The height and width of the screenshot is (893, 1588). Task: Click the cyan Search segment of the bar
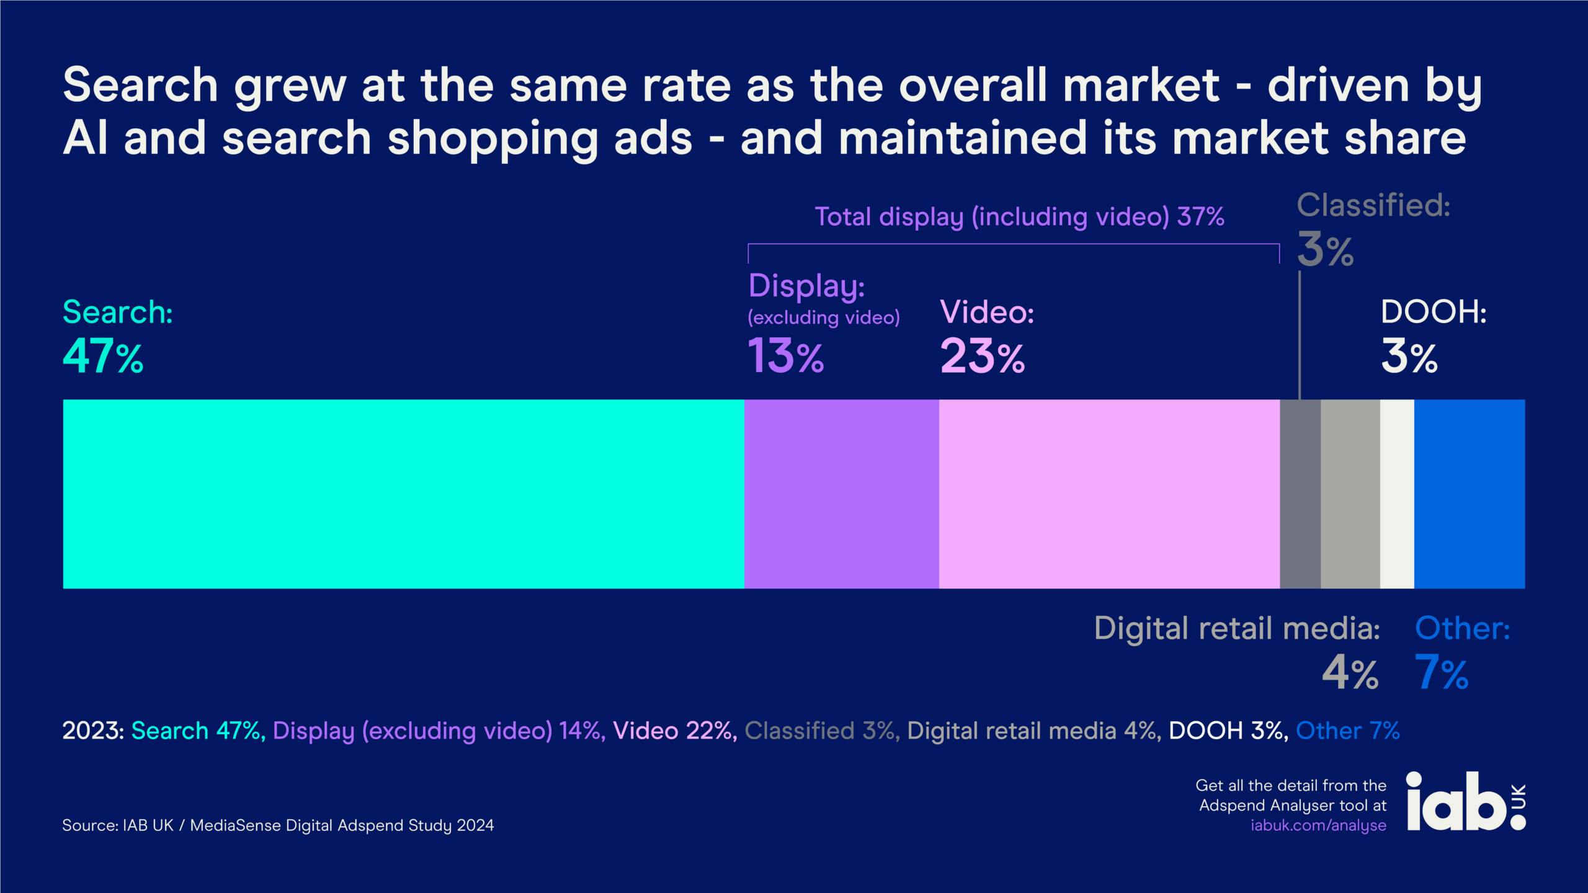pyautogui.click(x=403, y=494)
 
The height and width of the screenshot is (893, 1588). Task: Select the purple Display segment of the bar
pyautogui.click(x=841, y=494)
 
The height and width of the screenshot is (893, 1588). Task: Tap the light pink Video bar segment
pyautogui.click(x=1109, y=494)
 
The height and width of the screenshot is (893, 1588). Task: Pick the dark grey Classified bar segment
pyautogui.click(x=1300, y=494)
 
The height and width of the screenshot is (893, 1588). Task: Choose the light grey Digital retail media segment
pyautogui.click(x=1350, y=494)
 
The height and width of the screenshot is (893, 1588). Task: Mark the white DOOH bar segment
pyautogui.click(x=1397, y=494)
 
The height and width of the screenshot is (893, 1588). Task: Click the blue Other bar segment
pyautogui.click(x=1469, y=494)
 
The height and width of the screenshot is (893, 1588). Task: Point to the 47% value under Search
pyautogui.click(x=103, y=357)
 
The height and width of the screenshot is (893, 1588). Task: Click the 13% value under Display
pyautogui.click(x=786, y=356)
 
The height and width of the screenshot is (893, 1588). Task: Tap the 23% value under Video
pyautogui.click(x=982, y=357)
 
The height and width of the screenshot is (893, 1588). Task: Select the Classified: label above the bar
pyautogui.click(x=1373, y=206)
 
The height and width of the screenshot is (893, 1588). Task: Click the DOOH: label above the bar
pyautogui.click(x=1434, y=313)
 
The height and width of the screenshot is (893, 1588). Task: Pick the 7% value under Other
pyautogui.click(x=1442, y=675)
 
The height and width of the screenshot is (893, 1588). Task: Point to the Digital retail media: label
pyautogui.click(x=1237, y=629)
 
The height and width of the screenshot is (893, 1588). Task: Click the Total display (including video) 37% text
pyautogui.click(x=1019, y=217)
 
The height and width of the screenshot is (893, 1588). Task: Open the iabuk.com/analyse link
pyautogui.click(x=1318, y=825)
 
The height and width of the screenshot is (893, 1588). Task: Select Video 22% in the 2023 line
pyautogui.click(x=674, y=731)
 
